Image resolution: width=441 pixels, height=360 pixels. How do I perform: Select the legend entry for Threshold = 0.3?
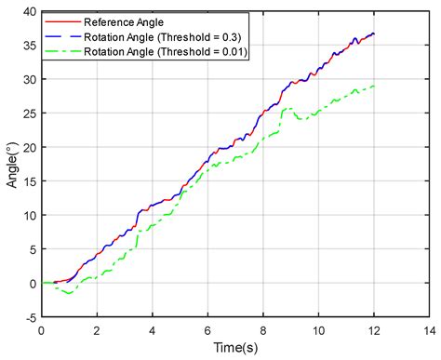click(x=164, y=36)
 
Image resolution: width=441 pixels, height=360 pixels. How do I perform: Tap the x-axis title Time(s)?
click(x=235, y=347)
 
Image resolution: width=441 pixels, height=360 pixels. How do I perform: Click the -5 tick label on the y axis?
click(x=29, y=317)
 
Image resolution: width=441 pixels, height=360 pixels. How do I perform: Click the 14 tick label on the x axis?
click(x=429, y=329)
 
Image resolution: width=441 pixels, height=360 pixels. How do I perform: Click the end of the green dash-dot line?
click(x=374, y=87)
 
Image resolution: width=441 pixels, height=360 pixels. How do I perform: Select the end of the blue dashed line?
click(x=374, y=33)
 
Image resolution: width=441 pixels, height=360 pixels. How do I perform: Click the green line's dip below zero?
click(x=68, y=293)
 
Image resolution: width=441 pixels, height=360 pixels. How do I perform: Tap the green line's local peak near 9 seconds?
click(x=289, y=109)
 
